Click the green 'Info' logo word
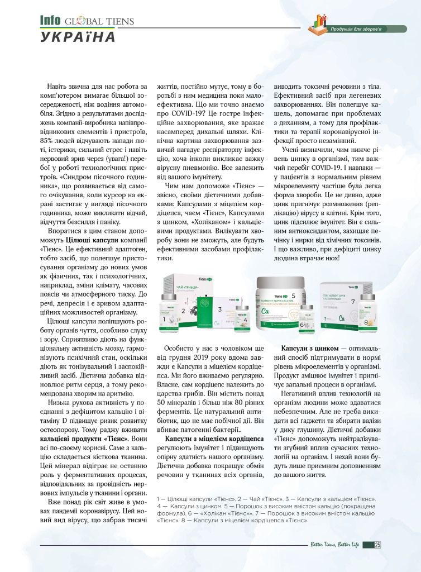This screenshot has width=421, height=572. (51, 21)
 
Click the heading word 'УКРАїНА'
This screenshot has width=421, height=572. (78, 37)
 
